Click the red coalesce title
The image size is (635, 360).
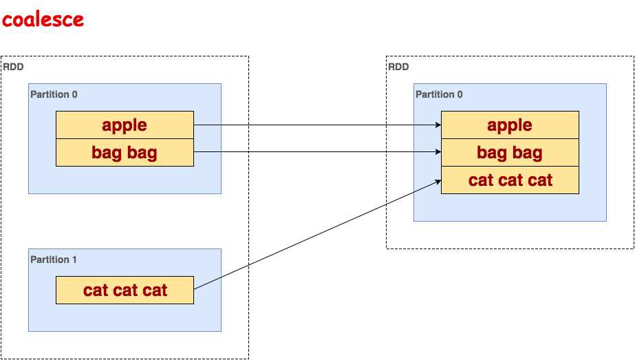43,19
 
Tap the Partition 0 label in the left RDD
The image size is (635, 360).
54,94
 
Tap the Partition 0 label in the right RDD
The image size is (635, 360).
439,94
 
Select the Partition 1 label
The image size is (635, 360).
54,260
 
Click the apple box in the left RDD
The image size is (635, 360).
125,125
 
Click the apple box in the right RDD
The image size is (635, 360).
510,125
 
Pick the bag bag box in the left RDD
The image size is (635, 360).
125,152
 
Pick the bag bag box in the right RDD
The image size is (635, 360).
510,152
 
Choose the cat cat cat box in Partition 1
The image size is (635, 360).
125,290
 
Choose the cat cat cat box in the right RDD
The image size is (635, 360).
510,180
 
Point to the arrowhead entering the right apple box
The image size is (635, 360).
438,125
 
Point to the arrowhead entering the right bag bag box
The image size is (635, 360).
438,153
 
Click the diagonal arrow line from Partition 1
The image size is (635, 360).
316,235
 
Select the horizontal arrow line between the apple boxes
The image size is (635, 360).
316,125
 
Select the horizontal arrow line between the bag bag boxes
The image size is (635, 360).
316,153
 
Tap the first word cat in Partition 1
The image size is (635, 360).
96,290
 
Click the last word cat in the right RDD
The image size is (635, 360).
539,180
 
